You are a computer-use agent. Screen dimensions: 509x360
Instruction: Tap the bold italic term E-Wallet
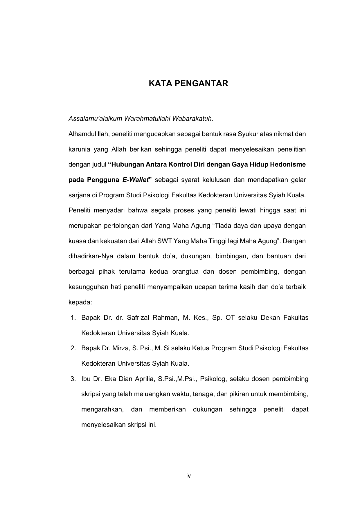click(x=136, y=180)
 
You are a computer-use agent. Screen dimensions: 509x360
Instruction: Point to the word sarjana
click(x=79, y=195)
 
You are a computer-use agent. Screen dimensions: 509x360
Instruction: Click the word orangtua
click(x=185, y=272)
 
